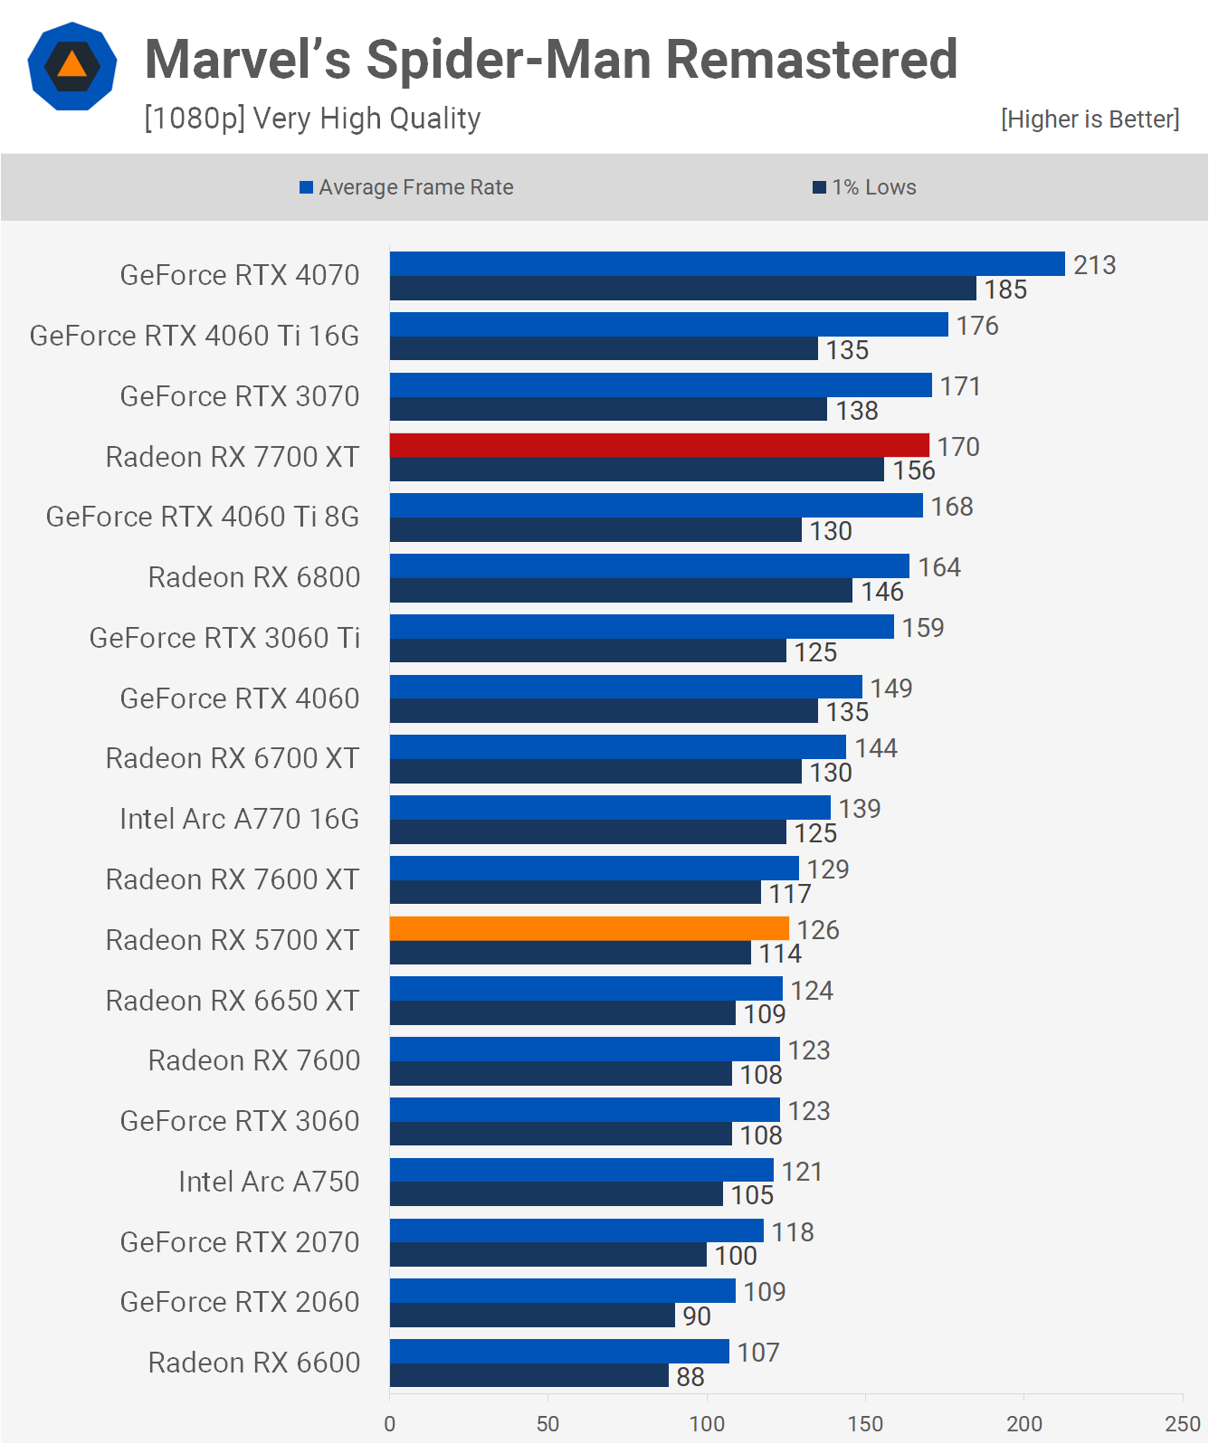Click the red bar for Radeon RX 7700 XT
pos(659,445)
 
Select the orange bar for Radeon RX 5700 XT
pos(589,928)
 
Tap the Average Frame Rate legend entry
pos(406,187)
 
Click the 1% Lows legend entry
pos(864,187)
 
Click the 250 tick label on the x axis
pos(1182,1423)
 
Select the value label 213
pos(1094,265)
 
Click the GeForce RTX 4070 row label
pos(239,275)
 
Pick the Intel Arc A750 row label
pos(269,1182)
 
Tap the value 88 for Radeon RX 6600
pos(690,1376)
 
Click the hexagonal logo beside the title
pos(71,66)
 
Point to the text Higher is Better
pos(1090,119)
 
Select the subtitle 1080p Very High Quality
pos(312,119)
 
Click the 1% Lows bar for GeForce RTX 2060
pos(532,1315)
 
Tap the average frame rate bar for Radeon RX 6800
pos(650,565)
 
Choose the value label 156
pos(914,470)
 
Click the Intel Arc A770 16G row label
pos(239,819)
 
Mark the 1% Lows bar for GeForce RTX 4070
pos(682,289)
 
